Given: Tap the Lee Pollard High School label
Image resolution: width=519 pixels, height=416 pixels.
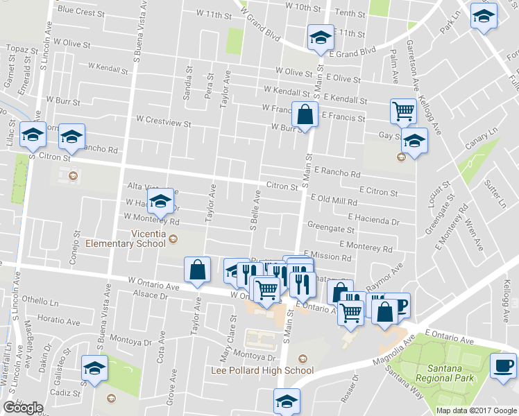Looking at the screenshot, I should coord(262,370).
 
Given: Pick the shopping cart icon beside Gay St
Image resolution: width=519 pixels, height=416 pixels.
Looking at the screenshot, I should coord(402,110).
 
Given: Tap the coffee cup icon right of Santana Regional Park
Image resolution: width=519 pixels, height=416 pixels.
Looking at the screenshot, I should coord(503,365).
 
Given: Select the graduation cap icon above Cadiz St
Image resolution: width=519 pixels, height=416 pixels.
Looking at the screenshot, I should coord(95,369).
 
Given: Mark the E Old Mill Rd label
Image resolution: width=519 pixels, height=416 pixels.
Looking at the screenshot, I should coord(334,200).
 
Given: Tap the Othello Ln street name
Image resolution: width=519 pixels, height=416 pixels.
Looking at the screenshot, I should coord(40,301).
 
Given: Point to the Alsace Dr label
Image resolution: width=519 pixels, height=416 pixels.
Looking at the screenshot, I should coord(151,295).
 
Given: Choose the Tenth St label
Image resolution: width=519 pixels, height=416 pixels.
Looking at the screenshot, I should coord(350,13).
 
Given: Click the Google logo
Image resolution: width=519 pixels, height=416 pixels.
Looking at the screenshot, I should coord(23,408).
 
